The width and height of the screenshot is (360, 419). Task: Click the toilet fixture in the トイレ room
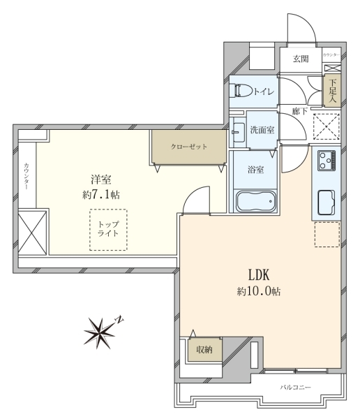tap(243, 91)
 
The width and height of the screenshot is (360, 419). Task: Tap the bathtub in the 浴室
tap(255, 201)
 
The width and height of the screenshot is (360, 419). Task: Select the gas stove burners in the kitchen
tap(327, 161)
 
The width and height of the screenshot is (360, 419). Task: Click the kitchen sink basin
tap(327, 203)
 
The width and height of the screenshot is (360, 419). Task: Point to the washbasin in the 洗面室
tap(238, 133)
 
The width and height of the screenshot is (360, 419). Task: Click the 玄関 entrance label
tap(301, 59)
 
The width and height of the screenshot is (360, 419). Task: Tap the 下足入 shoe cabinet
tap(332, 91)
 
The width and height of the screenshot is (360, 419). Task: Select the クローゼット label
tap(189, 147)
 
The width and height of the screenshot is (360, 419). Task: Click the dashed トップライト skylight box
tap(108, 230)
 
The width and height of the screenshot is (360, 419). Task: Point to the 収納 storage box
tap(205, 350)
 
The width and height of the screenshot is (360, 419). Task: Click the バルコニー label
tap(295, 387)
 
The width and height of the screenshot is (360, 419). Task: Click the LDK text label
tap(259, 274)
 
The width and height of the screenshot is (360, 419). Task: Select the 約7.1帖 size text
tap(101, 195)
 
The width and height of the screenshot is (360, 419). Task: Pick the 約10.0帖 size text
tap(259, 291)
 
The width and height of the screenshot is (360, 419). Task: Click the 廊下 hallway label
tap(300, 110)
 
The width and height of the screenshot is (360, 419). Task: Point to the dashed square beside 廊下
tap(327, 126)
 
